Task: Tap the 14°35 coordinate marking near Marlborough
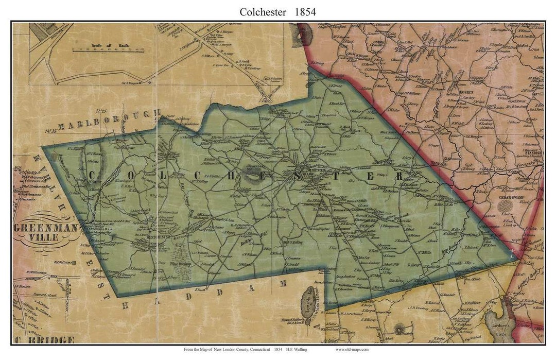pos(50,131)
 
